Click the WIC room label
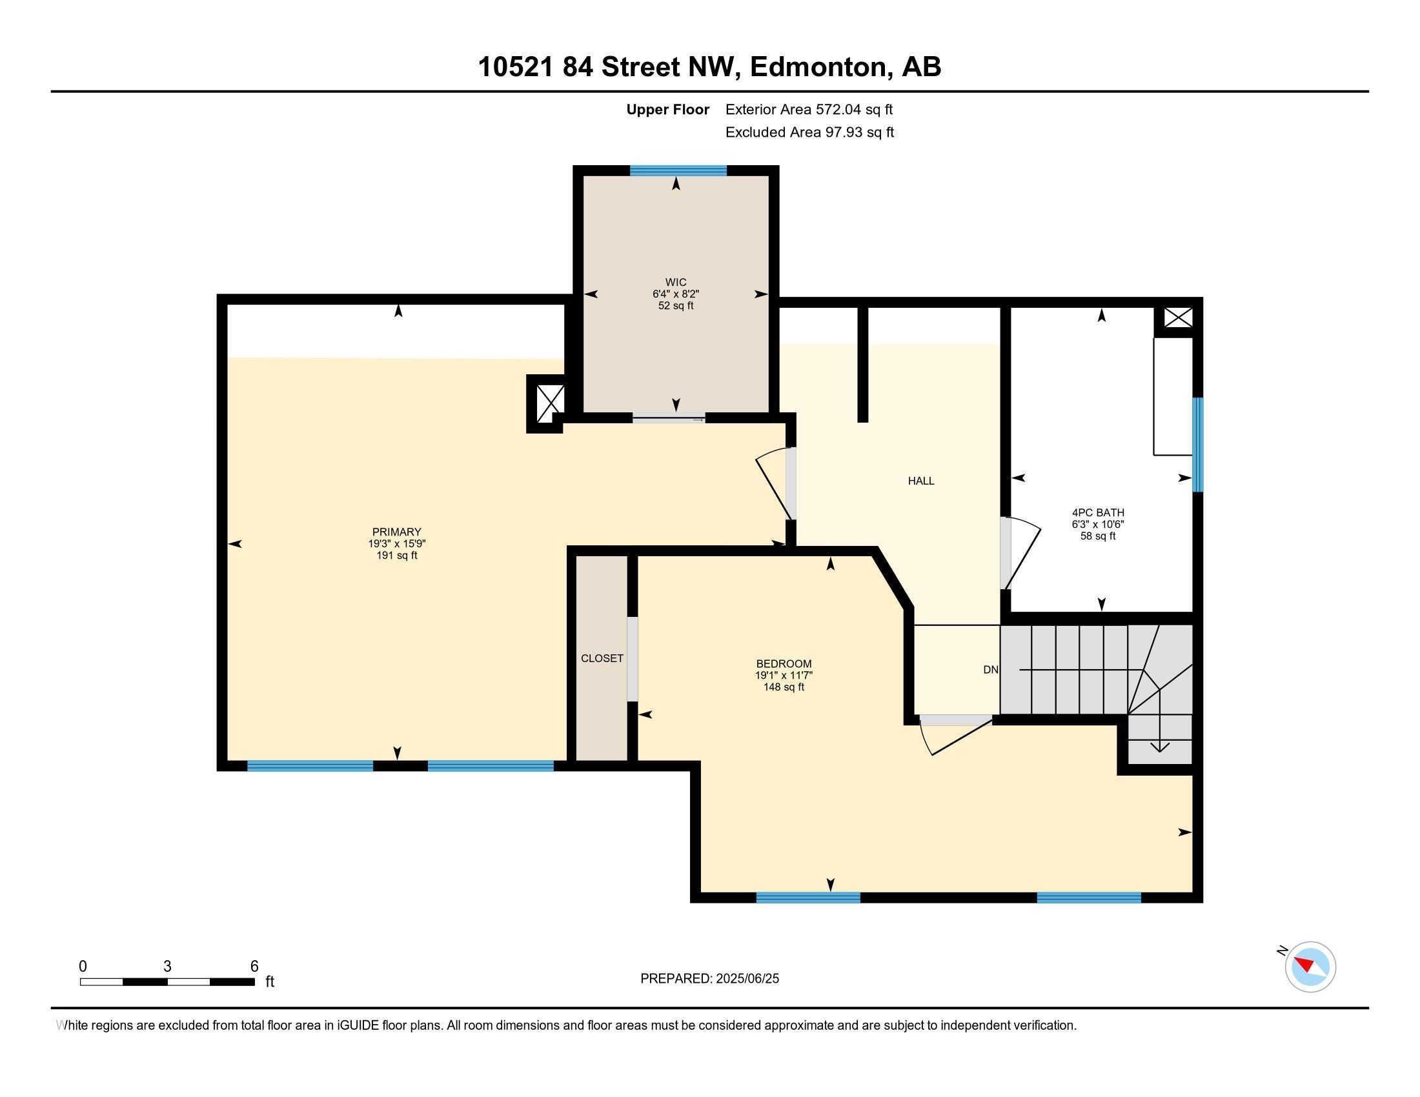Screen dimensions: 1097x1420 click(x=676, y=282)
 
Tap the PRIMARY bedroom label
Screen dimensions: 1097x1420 click(x=396, y=532)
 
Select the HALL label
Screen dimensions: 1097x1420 click(x=920, y=481)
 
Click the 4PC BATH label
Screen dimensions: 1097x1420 click(x=1098, y=513)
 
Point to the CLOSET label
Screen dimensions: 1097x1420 click(x=602, y=658)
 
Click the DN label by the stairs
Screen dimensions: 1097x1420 click(x=990, y=669)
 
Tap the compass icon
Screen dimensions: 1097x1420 click(x=1310, y=967)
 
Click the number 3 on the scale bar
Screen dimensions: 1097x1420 click(x=167, y=967)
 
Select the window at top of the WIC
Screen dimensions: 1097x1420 click(x=678, y=171)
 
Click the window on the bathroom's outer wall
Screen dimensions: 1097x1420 click(x=1197, y=445)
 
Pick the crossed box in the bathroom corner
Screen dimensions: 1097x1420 click(x=1178, y=317)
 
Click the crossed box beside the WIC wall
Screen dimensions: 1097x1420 click(x=550, y=403)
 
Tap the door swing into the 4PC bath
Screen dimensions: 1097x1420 click(x=1021, y=552)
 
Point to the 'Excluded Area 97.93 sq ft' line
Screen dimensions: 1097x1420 click(x=809, y=132)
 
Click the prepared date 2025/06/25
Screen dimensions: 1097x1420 click(x=746, y=979)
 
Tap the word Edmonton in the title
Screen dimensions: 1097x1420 click(x=819, y=67)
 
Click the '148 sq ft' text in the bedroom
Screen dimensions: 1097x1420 click(x=784, y=687)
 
